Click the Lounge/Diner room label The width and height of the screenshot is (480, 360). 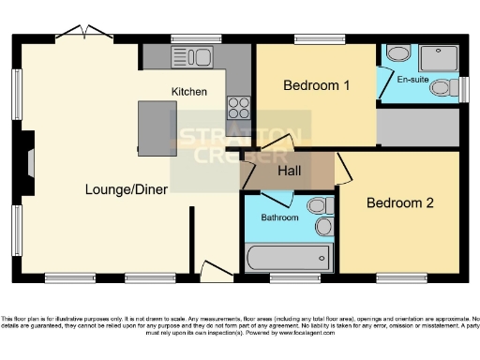[x=127, y=189]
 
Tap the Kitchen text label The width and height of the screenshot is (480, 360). [x=188, y=91]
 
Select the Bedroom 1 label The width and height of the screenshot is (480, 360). [x=317, y=86]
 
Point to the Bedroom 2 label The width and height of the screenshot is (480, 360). [x=400, y=202]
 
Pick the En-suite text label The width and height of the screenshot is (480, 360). [x=412, y=80]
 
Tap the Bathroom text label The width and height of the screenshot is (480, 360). [x=279, y=217]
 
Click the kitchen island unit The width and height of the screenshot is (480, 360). [x=157, y=128]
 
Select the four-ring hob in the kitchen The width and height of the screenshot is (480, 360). [x=238, y=106]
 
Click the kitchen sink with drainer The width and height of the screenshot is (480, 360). [x=191, y=57]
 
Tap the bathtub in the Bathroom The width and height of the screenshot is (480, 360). [x=287, y=257]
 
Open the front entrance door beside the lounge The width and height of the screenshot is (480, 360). [x=216, y=272]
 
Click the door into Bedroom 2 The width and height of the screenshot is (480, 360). [x=343, y=169]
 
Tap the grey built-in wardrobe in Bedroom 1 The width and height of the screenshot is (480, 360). [x=417, y=127]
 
